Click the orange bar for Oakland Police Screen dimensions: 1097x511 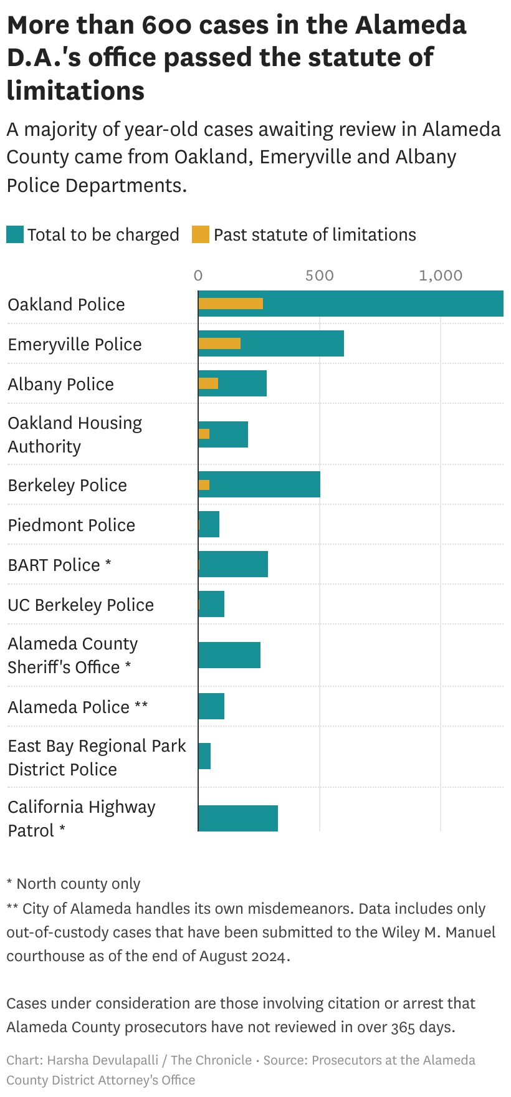pyautogui.click(x=231, y=304)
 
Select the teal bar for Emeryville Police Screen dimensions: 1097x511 pyautogui.click(x=293, y=343)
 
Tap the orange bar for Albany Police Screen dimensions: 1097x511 pyautogui.click(x=208, y=383)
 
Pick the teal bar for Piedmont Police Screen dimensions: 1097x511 pyautogui.click(x=209, y=524)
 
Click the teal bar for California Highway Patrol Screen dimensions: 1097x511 pyautogui.click(x=238, y=818)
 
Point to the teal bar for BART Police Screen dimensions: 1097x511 pyautogui.click(x=233, y=564)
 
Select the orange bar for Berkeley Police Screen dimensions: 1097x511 pyautogui.click(x=204, y=485)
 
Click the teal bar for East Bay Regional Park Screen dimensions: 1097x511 pyautogui.click(x=204, y=756)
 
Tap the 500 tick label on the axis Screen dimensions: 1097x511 pyautogui.click(x=319, y=275)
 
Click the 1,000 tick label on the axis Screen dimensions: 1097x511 pyautogui.click(x=441, y=275)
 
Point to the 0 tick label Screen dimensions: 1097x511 pyautogui.click(x=198, y=275)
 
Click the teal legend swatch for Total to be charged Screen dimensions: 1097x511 pyautogui.click(x=15, y=235)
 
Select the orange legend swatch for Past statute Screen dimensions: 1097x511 pyautogui.click(x=201, y=235)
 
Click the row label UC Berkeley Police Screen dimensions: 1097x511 pyautogui.click(x=81, y=605)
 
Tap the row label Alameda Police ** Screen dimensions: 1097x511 pyautogui.click(x=78, y=707)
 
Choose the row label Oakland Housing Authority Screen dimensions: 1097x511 pyautogui.click(x=75, y=434)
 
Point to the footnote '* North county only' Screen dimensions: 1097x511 pyautogui.click(x=74, y=884)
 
